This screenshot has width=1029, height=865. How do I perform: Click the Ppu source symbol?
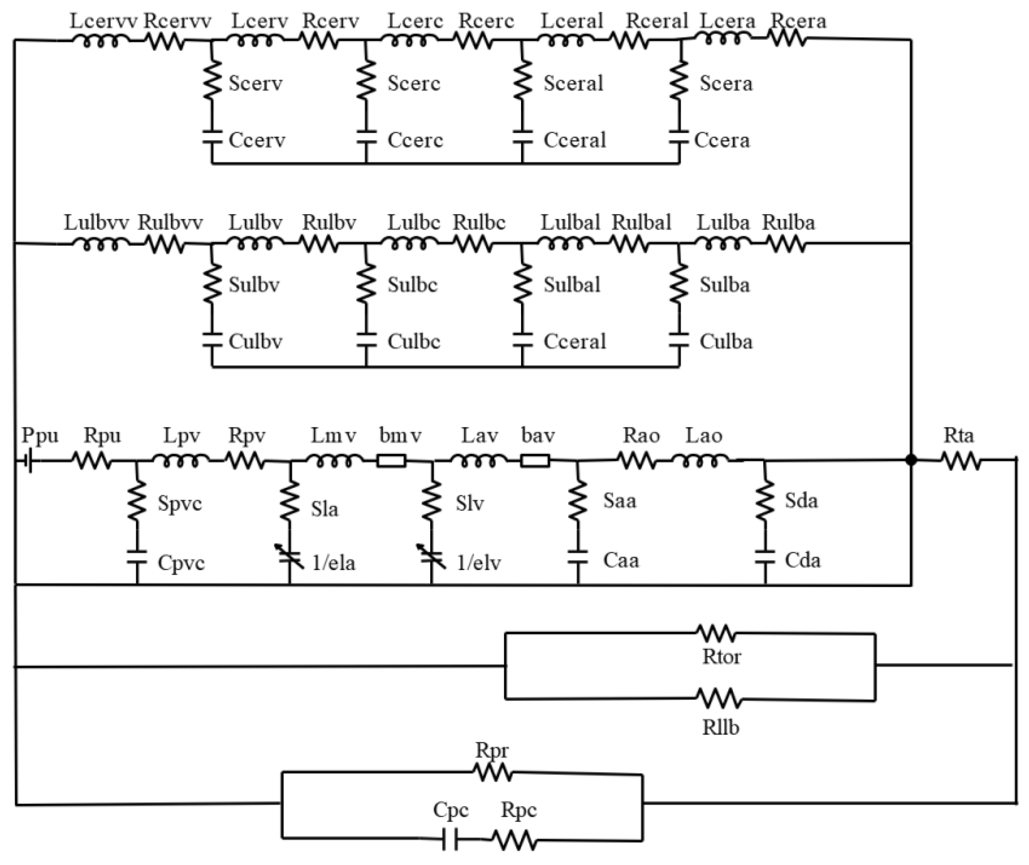pos(28,461)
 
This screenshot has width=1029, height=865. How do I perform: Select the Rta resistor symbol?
pos(961,461)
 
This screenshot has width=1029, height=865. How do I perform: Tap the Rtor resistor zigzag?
pos(717,633)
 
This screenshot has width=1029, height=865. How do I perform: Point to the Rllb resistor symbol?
pos(719,698)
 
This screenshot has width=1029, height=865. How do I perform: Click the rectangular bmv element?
pos(391,461)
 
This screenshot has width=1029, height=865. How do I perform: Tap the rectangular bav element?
pos(534,461)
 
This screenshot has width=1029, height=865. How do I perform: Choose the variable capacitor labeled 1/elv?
pos(432,557)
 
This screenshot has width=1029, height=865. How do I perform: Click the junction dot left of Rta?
pos(911,461)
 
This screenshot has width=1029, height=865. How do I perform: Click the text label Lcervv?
pos(103,21)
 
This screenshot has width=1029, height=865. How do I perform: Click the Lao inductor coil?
pos(700,461)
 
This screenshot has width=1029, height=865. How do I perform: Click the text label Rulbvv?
pos(170,223)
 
